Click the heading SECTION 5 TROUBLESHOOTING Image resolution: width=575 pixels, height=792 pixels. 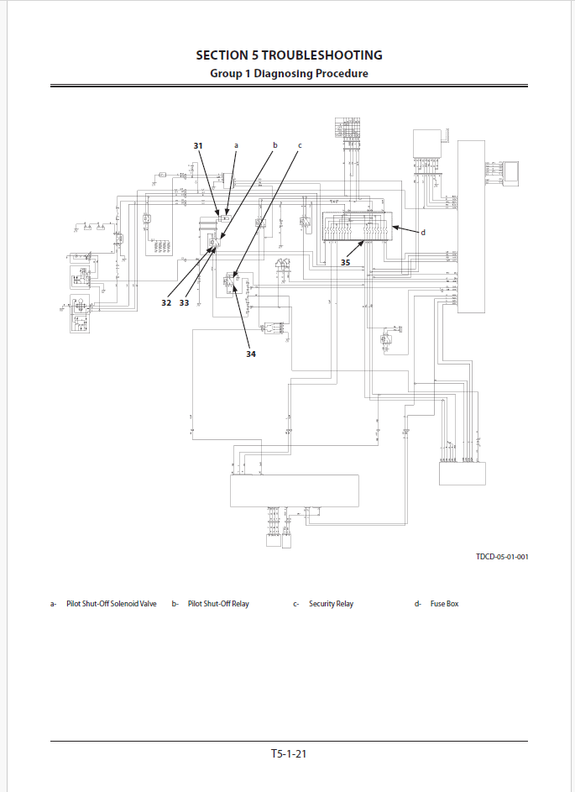click(289, 55)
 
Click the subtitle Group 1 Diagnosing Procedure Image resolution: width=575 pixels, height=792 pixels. click(289, 74)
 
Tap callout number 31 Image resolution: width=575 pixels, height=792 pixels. click(198, 146)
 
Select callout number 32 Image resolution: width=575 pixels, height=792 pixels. click(166, 302)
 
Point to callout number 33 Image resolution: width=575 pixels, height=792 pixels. click(184, 302)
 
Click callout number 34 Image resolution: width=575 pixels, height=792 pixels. click(251, 354)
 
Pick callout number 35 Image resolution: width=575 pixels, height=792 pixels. click(346, 262)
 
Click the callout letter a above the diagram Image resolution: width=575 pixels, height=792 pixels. click(236, 145)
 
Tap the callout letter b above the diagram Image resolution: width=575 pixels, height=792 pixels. click(274, 145)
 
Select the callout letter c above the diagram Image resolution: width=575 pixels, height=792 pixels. click(300, 145)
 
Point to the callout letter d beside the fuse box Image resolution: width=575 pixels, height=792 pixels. click(423, 233)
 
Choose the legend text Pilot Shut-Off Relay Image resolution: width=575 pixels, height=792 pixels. click(218, 604)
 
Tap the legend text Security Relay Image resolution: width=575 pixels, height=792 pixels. click(331, 604)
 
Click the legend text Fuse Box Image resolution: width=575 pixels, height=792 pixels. click(444, 604)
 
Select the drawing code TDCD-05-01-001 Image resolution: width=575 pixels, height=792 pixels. click(502, 556)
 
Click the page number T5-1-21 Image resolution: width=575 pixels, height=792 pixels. click(289, 754)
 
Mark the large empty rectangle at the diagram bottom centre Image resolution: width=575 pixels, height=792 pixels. click(295, 491)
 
